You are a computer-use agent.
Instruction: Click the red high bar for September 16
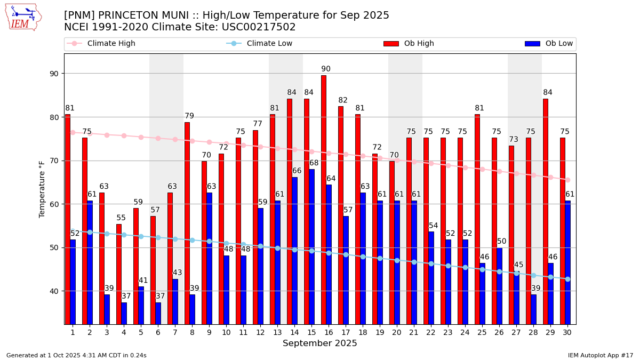point(323,199)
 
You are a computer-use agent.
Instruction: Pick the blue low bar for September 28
point(534,309)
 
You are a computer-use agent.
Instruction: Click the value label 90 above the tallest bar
point(326,69)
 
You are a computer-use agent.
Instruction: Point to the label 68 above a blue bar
point(314,163)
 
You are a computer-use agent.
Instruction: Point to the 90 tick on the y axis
point(55,74)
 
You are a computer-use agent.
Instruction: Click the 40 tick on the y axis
point(55,291)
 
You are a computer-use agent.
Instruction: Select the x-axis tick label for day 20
point(397,332)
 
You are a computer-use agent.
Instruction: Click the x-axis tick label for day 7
point(175,332)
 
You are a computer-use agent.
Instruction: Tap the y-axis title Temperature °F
point(42,189)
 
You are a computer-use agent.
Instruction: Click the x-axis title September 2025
point(320,343)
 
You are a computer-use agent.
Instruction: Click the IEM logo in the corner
point(23,17)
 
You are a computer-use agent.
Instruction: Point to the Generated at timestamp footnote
point(76,355)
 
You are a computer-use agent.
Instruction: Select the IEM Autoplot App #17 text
point(601,355)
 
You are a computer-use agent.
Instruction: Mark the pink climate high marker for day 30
point(567,180)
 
